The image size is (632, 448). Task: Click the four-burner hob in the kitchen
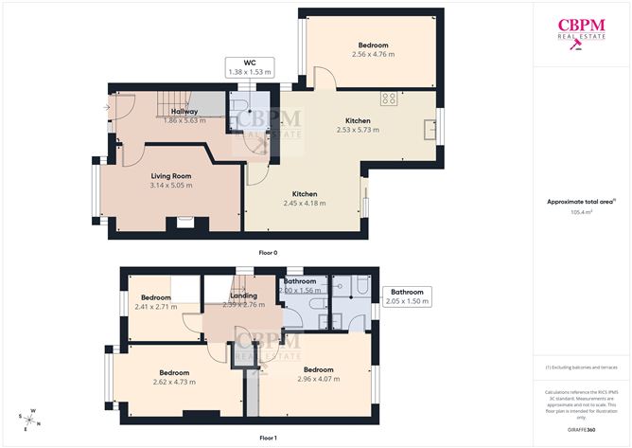388,98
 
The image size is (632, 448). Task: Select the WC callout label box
250,66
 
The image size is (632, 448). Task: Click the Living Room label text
170,175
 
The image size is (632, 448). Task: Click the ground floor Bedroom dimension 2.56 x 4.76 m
372,55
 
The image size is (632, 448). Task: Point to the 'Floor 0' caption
268,253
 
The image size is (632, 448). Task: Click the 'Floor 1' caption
268,438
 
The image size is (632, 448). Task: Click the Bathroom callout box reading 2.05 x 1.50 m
407,296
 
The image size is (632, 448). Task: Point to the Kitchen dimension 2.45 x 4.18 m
304,203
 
